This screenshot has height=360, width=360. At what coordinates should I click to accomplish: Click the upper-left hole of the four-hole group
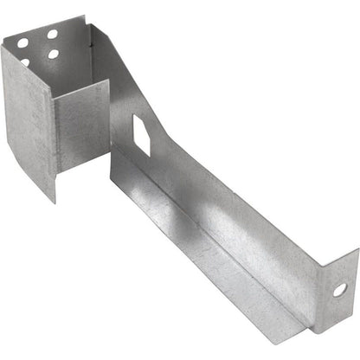pyautogui.click(x=22, y=42)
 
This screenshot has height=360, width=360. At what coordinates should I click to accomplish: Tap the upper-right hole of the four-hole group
pyautogui.click(x=53, y=35)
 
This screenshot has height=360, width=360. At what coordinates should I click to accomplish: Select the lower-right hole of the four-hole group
pyautogui.click(x=54, y=54)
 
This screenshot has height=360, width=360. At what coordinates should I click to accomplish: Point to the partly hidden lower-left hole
pyautogui.click(x=25, y=61)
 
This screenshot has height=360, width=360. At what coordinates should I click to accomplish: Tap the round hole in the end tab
pyautogui.click(x=339, y=289)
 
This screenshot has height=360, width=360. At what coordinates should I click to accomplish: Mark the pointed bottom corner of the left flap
pyautogui.click(x=54, y=201)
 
